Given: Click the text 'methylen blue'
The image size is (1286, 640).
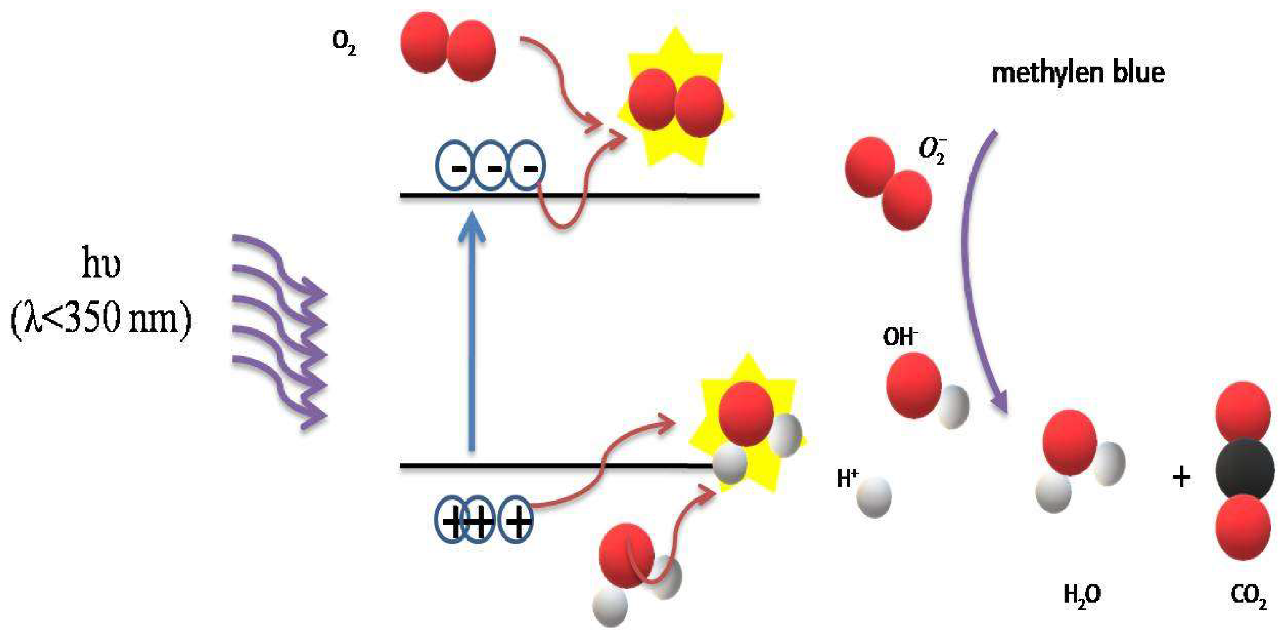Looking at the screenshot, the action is point(1078,73).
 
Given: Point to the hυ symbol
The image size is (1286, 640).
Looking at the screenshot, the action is point(101,265).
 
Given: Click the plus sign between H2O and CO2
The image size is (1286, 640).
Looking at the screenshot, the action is point(1181,477).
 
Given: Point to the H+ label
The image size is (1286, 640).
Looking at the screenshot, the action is point(847,479).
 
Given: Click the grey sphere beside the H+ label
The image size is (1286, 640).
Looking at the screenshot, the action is point(874,497).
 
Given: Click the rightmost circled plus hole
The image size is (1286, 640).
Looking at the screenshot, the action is point(517,521).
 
